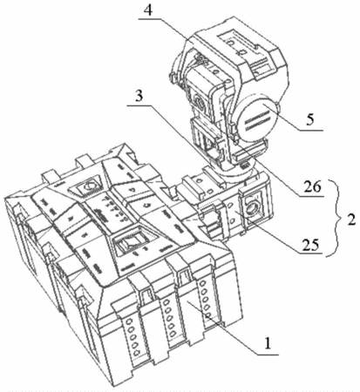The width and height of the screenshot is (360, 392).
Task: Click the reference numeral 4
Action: click(149, 10)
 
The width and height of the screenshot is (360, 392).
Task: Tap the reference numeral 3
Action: click(139, 96)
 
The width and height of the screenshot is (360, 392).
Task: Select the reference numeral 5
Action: click(311, 119)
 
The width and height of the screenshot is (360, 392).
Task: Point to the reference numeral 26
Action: click(312, 186)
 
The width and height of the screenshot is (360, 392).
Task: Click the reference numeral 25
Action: click(310, 245)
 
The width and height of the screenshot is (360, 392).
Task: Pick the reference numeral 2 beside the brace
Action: click(351, 220)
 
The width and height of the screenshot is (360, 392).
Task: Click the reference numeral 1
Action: click(267, 344)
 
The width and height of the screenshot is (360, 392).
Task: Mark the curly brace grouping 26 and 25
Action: click(332, 218)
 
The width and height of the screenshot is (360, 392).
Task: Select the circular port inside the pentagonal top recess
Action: click(89, 186)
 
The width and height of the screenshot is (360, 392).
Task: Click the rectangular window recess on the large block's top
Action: click(134, 240)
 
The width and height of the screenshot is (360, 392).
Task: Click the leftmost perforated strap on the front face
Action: click(130, 332)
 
